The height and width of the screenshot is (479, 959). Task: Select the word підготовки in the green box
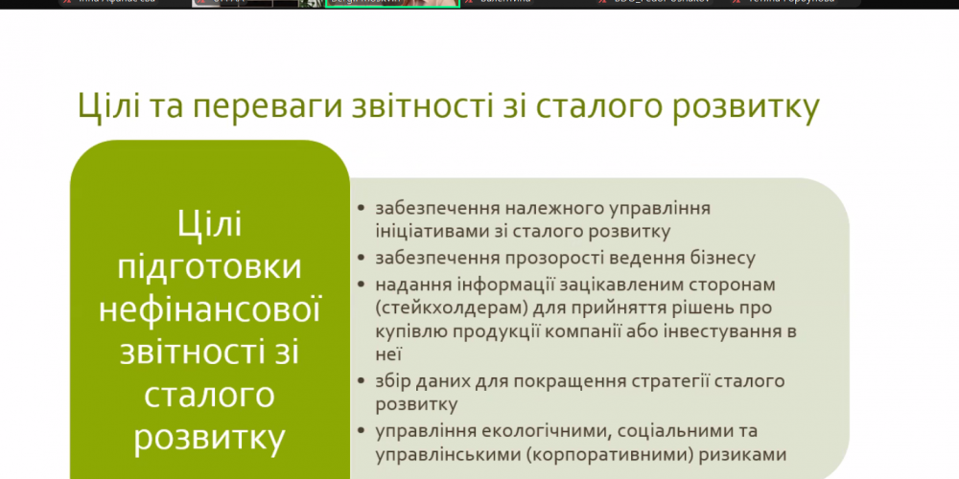coord(209,267)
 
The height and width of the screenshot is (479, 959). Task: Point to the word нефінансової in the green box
coord(209,309)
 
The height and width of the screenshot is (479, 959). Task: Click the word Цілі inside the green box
coord(209,225)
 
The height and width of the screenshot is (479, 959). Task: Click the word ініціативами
coord(429,230)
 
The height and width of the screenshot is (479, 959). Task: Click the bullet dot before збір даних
coord(360,381)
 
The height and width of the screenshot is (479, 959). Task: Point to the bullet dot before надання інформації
coord(360,284)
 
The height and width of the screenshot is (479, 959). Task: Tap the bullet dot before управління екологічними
coord(360,431)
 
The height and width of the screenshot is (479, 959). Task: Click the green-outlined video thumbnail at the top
coord(392,4)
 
